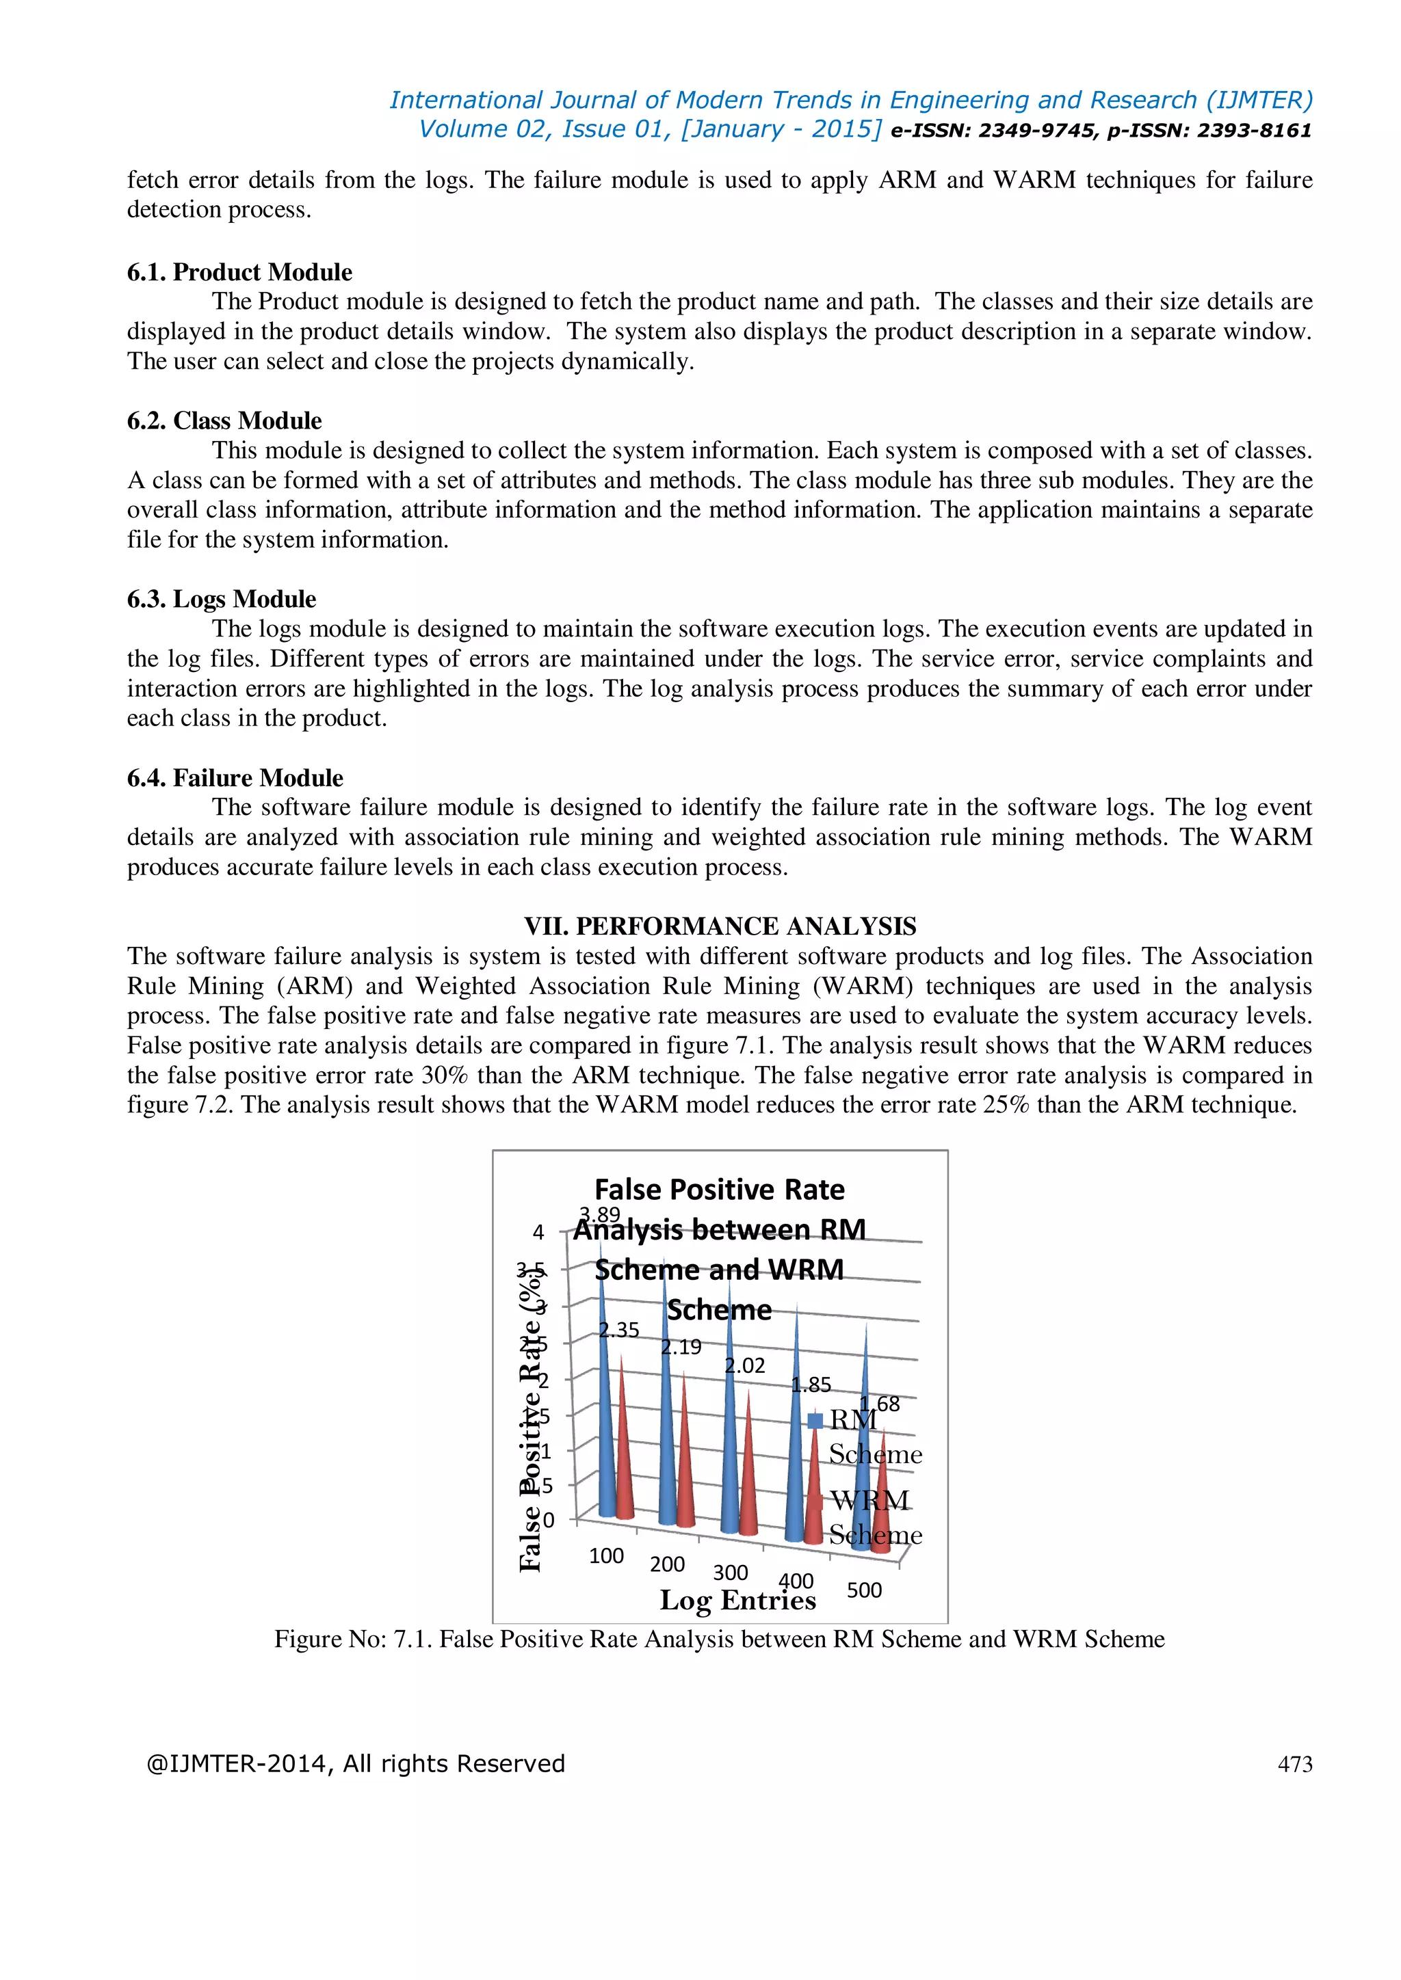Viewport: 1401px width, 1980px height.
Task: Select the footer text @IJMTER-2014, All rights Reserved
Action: (x=356, y=1763)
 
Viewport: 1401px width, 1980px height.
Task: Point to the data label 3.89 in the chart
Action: (x=599, y=1214)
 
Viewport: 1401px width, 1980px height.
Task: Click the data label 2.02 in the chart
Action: (x=744, y=1365)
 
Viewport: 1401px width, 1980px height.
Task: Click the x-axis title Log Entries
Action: (x=737, y=1600)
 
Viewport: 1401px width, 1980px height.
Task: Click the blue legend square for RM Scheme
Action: (x=815, y=1420)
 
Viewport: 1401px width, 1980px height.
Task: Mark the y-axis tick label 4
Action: (x=538, y=1232)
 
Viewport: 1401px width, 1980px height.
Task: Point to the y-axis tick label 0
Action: (x=548, y=1521)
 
